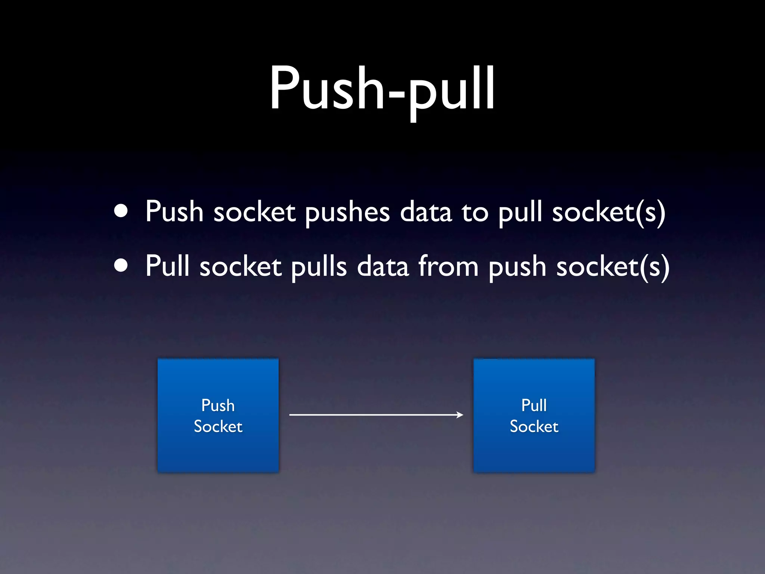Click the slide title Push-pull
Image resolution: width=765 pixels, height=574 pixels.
[x=382, y=90]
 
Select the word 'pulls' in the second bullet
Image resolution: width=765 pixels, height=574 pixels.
[x=319, y=267]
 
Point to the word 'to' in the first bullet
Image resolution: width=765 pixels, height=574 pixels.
[x=475, y=212]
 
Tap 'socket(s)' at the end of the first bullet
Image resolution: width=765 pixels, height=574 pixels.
[x=609, y=212]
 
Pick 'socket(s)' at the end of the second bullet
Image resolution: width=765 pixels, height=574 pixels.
[x=613, y=267]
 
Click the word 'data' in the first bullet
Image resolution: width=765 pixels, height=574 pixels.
[x=426, y=212]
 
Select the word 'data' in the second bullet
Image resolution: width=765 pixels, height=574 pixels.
[x=383, y=266]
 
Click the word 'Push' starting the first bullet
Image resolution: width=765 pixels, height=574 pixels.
[x=174, y=212]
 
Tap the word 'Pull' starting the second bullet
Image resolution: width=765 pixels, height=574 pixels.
[x=167, y=266]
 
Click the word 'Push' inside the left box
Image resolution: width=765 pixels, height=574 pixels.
[x=218, y=405]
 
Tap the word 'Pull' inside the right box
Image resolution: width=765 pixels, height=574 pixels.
[x=534, y=405]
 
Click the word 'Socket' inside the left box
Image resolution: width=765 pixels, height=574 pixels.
[x=218, y=426]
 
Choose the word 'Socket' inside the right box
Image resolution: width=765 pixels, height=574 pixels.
[x=534, y=426]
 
